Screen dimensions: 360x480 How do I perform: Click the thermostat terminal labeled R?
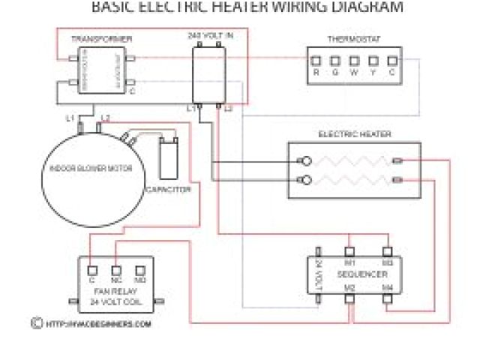(x=316, y=61)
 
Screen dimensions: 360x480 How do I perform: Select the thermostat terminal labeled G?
(x=334, y=61)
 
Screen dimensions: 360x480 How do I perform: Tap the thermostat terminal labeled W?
(x=353, y=61)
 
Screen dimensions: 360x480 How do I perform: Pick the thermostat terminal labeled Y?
(x=372, y=61)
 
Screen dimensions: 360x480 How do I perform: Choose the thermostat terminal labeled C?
(x=391, y=61)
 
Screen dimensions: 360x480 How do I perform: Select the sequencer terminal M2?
(x=349, y=298)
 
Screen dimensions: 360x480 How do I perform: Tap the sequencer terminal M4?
(x=388, y=298)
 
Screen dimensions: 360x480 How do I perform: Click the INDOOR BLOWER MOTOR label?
(x=91, y=169)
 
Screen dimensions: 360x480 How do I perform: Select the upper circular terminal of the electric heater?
(x=305, y=160)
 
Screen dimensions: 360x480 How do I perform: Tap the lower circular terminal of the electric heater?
(x=305, y=179)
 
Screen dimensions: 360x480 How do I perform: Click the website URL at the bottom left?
(x=97, y=324)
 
